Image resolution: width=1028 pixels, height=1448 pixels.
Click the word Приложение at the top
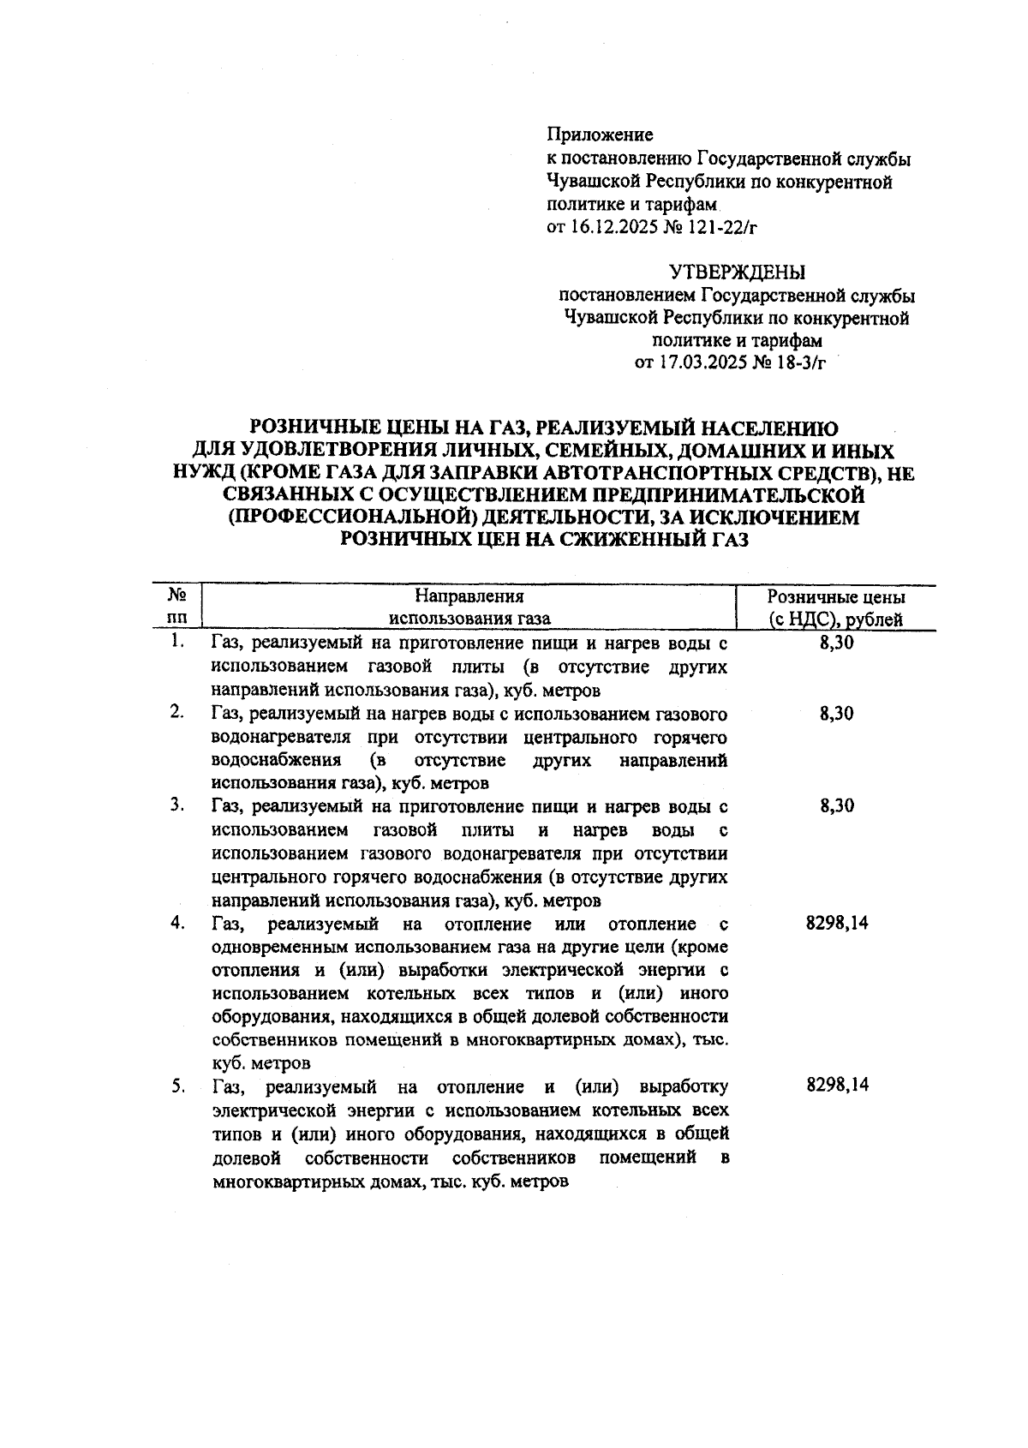click(x=600, y=135)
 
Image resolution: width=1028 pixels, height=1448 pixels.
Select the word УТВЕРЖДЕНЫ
click(x=737, y=272)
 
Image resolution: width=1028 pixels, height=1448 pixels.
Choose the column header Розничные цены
click(x=836, y=597)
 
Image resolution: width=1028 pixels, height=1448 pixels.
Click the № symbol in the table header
click(x=177, y=595)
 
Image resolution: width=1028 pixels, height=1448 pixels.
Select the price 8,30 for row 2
click(x=836, y=714)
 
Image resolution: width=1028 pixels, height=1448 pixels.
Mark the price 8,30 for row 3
click(x=836, y=806)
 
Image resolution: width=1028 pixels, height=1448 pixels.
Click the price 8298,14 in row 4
click(x=837, y=924)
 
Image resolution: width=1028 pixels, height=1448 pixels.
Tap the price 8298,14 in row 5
click(x=837, y=1086)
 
